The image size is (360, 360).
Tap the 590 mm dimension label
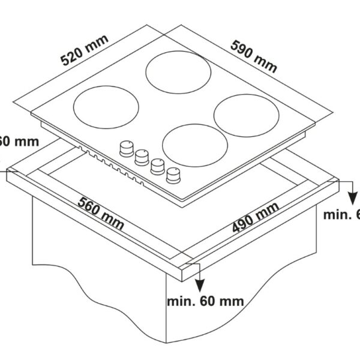(x=254, y=56)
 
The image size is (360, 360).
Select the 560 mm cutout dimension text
(x=100, y=214)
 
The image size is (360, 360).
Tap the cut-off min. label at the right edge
(x=340, y=215)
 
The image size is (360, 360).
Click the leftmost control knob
(x=127, y=148)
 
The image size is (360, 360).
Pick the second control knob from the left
(x=142, y=157)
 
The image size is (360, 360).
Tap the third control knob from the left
(x=158, y=166)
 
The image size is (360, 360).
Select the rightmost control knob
(x=174, y=175)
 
